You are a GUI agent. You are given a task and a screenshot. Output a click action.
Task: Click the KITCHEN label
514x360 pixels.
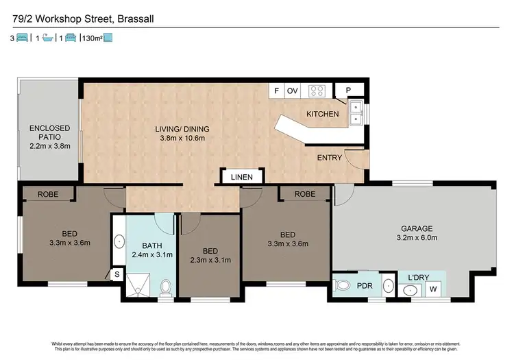[x=322, y=114]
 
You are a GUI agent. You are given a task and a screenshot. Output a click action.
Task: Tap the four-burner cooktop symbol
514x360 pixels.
[x=316, y=91]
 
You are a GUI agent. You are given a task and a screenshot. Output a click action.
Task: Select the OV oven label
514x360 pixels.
[x=293, y=91]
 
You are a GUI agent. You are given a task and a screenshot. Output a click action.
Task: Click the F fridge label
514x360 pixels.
[x=277, y=91]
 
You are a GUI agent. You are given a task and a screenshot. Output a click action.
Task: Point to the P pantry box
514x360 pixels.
[x=347, y=91]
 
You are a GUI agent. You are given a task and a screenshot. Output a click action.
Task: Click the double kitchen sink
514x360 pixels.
[x=356, y=113]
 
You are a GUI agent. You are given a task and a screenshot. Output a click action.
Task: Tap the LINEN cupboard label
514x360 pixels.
[x=241, y=177]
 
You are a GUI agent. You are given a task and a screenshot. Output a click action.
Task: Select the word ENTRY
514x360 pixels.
[x=329, y=158]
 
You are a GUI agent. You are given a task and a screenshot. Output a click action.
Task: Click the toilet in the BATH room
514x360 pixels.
[x=165, y=288]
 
